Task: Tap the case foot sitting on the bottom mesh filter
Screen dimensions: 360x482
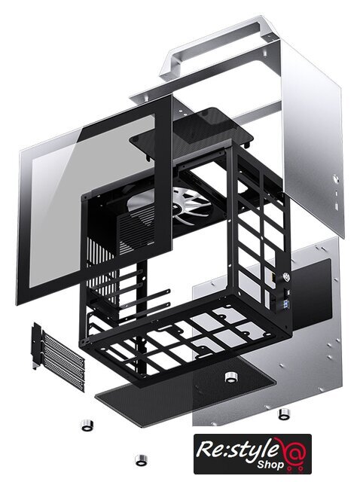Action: coord(230,377)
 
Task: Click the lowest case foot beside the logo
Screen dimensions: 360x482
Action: coord(141,460)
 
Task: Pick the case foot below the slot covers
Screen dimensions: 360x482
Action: coord(87,425)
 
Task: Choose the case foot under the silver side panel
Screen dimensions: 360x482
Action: coord(284,413)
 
